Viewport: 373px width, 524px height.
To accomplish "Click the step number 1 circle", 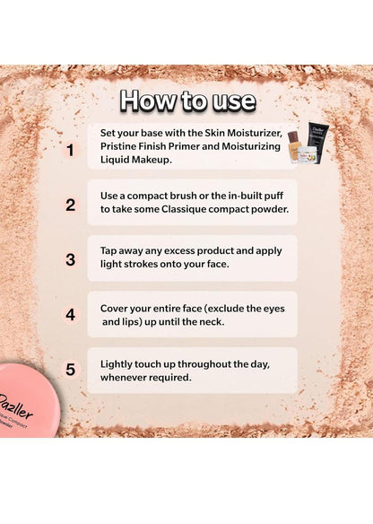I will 70,150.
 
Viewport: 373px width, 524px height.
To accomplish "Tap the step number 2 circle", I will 70,205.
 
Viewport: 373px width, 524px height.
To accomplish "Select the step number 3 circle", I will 70,259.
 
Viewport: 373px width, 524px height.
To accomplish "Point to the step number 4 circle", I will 70,315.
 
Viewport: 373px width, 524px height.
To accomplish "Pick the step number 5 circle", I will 70,370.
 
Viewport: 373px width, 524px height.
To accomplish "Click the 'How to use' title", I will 187,100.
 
